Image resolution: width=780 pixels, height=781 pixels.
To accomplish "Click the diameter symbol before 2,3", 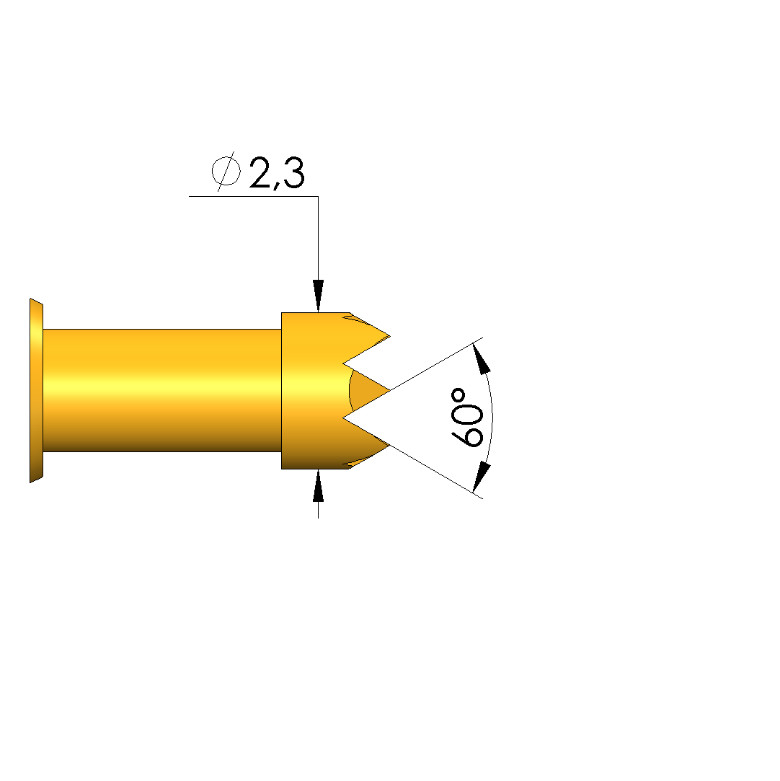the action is (226, 172).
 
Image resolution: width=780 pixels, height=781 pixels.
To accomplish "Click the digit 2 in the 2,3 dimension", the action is (260, 172).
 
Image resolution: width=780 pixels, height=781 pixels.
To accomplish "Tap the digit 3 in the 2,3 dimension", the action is (293, 172).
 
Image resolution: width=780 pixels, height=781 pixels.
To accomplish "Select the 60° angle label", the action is (467, 418).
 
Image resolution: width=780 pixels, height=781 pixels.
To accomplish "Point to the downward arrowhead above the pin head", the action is (318, 296).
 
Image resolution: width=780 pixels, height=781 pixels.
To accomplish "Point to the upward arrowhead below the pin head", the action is (318, 485).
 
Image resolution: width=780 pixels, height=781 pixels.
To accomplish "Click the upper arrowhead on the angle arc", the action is (481, 358).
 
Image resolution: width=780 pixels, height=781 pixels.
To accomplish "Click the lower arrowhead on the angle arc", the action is (481, 477).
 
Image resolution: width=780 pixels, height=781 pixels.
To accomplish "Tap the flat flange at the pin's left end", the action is (36, 391).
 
